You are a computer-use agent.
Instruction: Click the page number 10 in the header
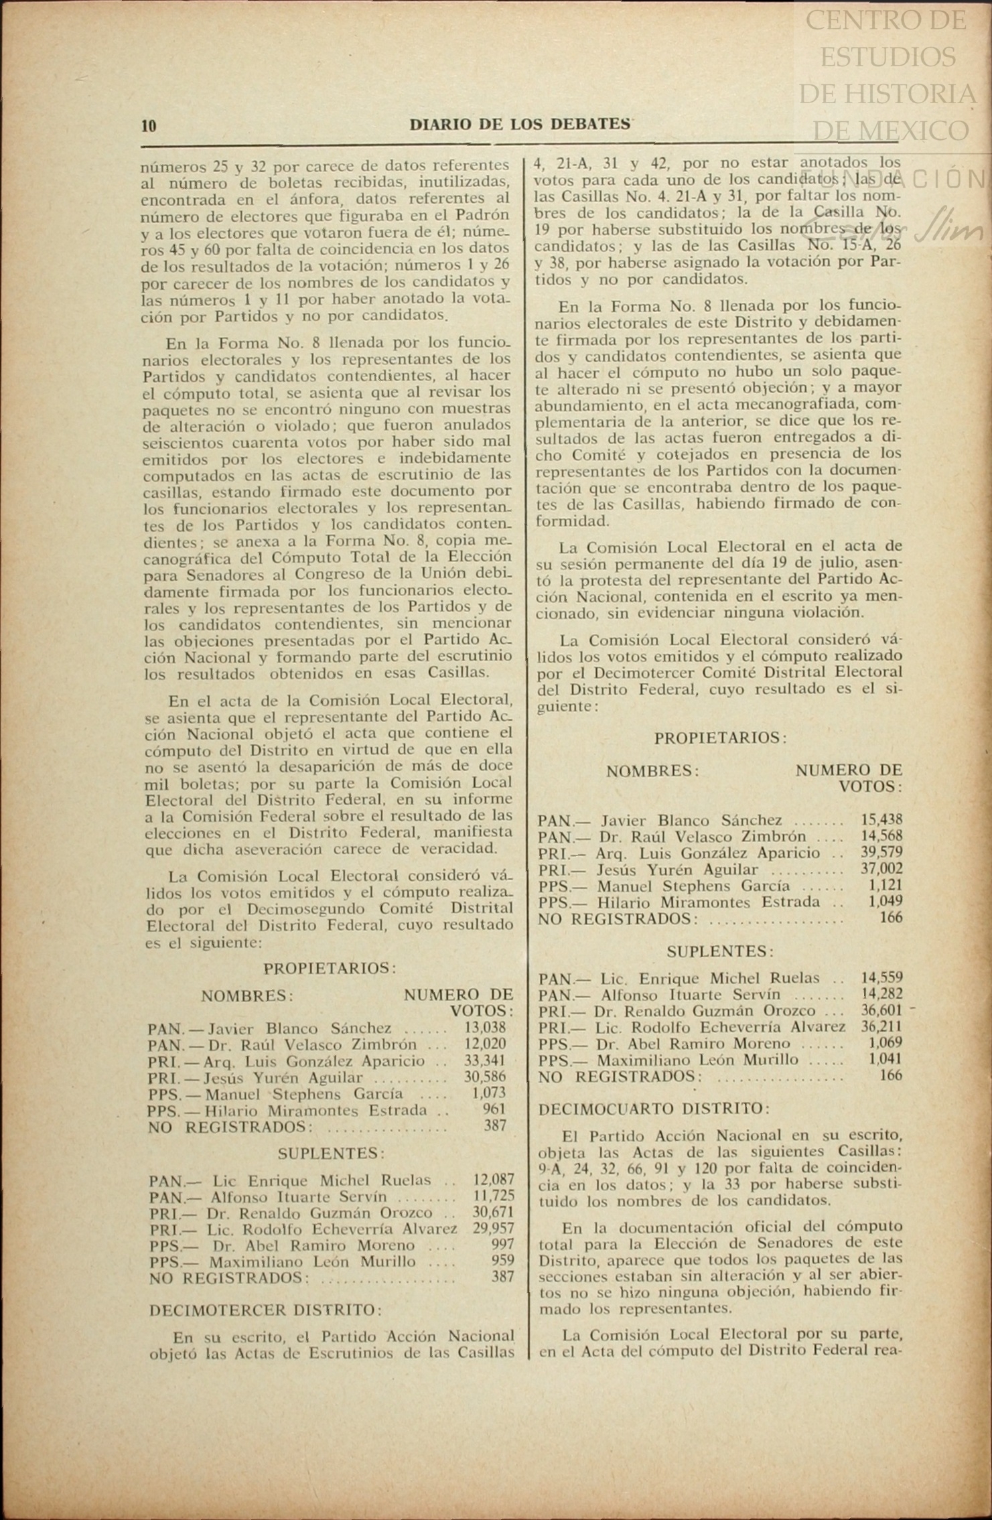[x=149, y=125]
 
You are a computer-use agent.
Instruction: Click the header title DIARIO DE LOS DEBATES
[x=520, y=125]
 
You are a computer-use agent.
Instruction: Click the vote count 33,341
[x=485, y=1061]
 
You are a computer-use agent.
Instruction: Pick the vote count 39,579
[x=881, y=852]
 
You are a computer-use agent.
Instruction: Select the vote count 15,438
[x=881, y=819]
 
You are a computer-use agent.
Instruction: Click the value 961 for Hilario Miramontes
[x=494, y=1110]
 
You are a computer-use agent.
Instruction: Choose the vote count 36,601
[x=881, y=1010]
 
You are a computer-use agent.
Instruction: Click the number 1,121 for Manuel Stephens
[x=885, y=885]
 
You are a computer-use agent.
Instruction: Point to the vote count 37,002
[x=881, y=869]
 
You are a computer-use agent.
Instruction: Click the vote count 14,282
[x=881, y=994]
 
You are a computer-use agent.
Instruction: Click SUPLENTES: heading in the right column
[x=720, y=951]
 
